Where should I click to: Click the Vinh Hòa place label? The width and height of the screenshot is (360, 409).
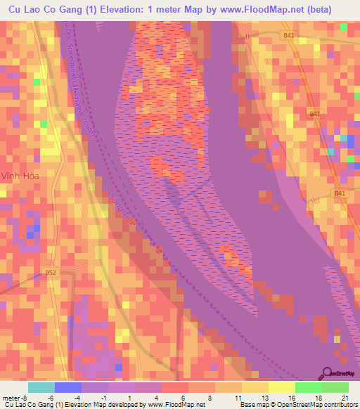tap(18, 176)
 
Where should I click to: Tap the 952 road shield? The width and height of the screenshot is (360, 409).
tap(50, 272)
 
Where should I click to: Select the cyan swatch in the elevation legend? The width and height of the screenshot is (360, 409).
tap(41, 387)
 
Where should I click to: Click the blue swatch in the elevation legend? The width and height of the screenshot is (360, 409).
tap(68, 387)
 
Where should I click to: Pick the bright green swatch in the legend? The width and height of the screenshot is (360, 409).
tap(309, 387)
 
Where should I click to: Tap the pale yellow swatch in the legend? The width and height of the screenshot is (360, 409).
tap(282, 387)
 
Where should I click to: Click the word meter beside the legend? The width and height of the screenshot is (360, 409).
tap(11, 397)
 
